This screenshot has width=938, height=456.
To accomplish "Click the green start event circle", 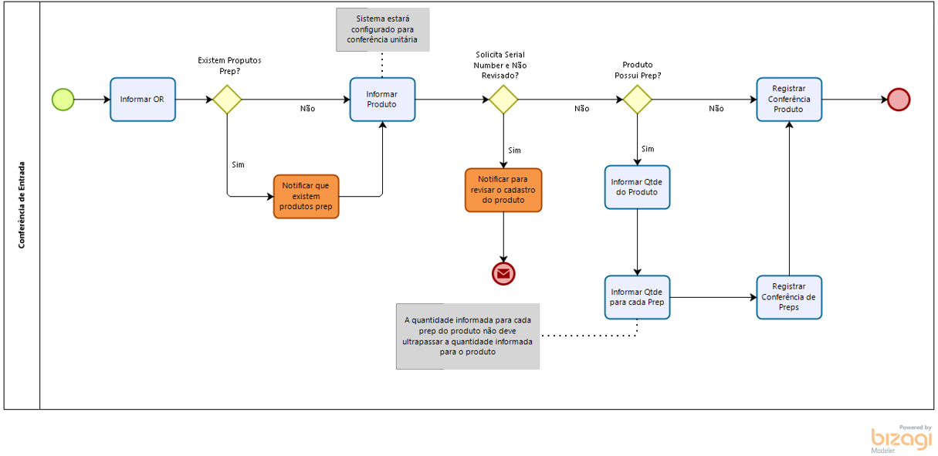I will click(63, 100).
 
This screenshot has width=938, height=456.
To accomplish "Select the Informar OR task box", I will click(142, 100).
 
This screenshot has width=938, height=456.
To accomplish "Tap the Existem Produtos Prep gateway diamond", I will click(227, 100).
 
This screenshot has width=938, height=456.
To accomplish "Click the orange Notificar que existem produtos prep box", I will click(306, 196).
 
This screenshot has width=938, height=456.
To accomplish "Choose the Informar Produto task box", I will click(382, 100).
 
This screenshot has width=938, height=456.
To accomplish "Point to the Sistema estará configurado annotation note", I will click(382, 30).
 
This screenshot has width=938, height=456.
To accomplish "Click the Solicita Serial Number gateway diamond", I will click(503, 100).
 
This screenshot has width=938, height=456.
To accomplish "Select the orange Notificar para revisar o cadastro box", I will click(503, 190).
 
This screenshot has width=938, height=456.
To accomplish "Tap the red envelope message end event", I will click(503, 273).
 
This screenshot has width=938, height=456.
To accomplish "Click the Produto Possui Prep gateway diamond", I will click(638, 100).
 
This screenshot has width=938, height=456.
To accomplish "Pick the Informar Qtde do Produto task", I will click(637, 187).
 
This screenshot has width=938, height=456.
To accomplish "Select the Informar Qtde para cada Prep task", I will click(637, 297).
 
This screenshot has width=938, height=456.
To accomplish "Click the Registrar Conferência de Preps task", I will click(789, 297).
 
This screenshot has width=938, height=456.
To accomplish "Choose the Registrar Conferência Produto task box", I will click(789, 100).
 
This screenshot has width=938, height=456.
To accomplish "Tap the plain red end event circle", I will click(899, 100).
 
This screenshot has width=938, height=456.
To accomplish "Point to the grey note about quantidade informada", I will click(467, 336).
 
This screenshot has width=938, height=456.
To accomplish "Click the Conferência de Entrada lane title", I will click(22, 204).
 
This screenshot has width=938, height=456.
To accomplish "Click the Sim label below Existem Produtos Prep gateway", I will click(238, 164).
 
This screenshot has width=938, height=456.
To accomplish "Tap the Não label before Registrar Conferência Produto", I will click(716, 109).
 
